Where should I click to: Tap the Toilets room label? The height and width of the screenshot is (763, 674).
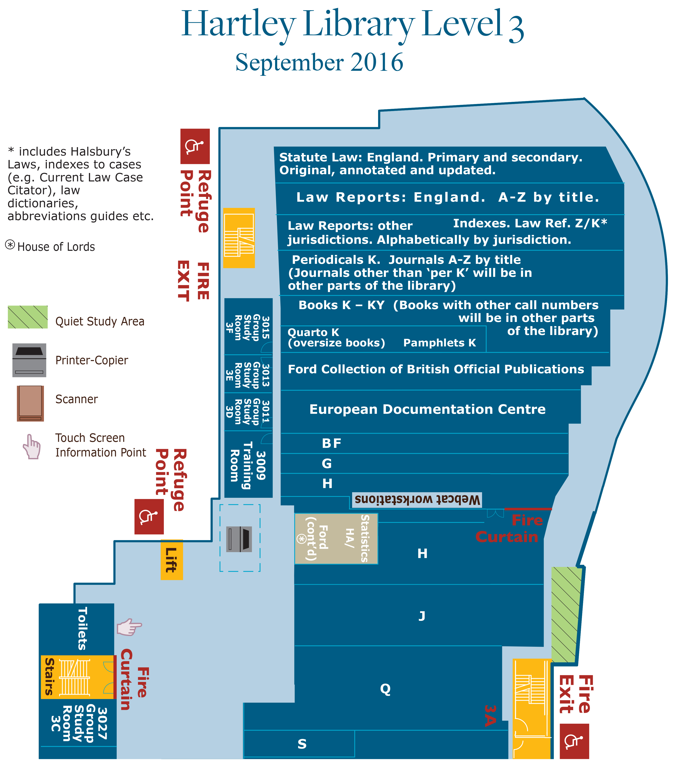point(82,628)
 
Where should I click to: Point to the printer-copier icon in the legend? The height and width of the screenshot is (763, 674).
point(29,360)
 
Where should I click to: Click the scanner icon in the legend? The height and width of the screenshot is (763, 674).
point(30,403)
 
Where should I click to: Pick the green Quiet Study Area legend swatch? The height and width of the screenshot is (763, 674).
point(28,317)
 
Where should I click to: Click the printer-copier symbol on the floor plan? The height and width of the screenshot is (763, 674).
point(239,539)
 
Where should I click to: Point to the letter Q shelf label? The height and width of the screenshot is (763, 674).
point(385,689)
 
